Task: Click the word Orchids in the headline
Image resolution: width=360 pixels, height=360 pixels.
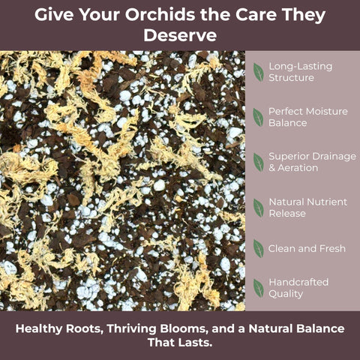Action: [160, 15]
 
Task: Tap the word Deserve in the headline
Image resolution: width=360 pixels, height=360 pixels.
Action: [180, 35]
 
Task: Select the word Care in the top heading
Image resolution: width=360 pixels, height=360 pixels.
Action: [256, 15]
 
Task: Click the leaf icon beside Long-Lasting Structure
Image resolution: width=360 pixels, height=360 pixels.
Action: [259, 72]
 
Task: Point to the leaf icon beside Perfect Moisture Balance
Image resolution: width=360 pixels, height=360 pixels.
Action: [258, 117]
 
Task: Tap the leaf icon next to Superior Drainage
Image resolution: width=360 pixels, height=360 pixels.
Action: [259, 162]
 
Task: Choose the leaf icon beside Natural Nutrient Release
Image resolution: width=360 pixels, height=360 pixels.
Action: [259, 208]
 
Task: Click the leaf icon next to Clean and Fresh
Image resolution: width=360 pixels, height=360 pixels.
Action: [259, 248]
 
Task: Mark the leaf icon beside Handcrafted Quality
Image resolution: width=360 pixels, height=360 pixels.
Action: [259, 288]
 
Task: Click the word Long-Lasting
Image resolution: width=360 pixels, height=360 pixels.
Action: [301, 67]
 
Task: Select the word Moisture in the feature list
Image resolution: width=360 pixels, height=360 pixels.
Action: [328, 111]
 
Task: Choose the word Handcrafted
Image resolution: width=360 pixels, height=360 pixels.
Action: [298, 282]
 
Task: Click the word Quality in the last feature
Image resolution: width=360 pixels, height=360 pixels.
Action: [286, 294]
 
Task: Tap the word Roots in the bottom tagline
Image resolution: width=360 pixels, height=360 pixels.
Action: [85, 328]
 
